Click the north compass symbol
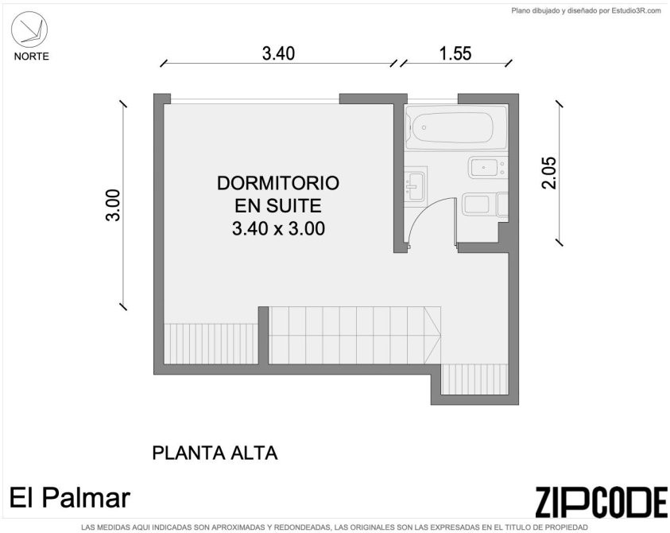pos(29,29)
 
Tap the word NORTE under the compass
pos(32,56)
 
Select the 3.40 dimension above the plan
pos(278,53)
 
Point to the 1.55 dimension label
pos(455,53)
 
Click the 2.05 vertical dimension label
pos(549,173)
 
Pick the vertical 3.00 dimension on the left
pos(113,205)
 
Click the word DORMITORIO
pos(278,183)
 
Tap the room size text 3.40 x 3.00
pos(278,228)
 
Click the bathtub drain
pos(424,127)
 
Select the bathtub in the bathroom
pos(456,127)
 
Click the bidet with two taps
pos(487,167)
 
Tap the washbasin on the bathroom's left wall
pos(413,186)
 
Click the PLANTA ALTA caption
pos(215,453)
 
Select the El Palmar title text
pos(70,498)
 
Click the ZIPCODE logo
pos(600,501)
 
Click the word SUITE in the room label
pos(293,206)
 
